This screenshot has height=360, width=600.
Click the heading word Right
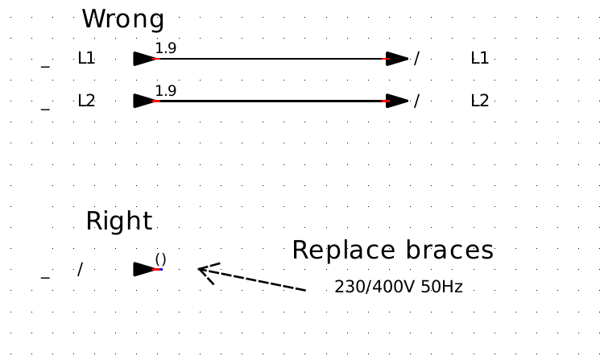point(118,221)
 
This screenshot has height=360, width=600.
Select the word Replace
point(338,250)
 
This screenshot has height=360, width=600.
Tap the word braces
point(444,250)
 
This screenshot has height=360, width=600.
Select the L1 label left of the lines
point(86,58)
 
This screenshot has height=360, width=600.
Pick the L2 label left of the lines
point(86,101)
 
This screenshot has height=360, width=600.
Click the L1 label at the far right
point(479,58)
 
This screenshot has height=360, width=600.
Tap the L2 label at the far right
point(479,101)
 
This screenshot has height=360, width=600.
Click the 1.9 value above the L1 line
point(165,48)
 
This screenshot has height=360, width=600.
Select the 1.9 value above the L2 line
point(165,90)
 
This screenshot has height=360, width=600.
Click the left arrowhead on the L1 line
point(143,58)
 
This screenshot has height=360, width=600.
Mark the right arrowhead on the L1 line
point(398,58)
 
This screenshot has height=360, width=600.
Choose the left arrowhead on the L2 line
point(143,101)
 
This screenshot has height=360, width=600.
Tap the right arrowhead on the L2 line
point(398,101)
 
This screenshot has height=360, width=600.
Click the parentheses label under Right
point(160,259)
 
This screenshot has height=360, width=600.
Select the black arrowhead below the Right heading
point(143,269)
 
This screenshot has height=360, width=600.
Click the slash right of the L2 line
point(416,101)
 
